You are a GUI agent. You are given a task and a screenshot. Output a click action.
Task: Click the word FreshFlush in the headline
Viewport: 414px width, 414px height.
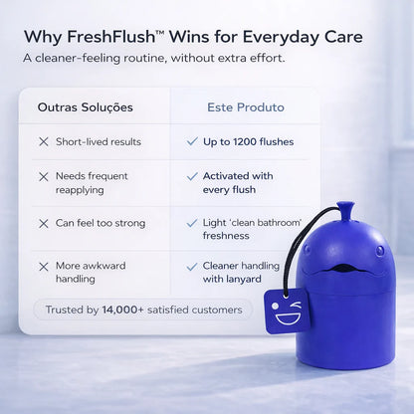110,36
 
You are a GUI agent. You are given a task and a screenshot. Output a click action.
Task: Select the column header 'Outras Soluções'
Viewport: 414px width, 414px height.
85,106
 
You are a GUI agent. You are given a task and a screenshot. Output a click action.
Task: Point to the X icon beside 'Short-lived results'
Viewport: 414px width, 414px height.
44,142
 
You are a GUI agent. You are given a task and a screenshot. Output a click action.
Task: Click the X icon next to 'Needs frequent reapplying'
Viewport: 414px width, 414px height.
44,176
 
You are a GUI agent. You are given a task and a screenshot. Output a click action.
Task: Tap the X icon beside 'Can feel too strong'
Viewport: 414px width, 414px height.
44,223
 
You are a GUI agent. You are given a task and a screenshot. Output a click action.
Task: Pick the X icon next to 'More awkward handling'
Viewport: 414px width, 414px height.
44,267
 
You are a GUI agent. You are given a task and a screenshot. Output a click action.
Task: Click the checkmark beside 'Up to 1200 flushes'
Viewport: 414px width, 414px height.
192,141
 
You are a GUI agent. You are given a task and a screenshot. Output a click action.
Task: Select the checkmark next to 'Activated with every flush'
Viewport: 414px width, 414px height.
192,176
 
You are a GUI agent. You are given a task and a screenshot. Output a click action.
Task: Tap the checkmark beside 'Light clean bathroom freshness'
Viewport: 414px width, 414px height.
192,223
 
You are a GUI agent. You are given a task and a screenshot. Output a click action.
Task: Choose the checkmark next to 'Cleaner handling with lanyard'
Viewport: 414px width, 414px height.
192,267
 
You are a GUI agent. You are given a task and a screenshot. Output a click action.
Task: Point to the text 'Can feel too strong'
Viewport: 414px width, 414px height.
101,223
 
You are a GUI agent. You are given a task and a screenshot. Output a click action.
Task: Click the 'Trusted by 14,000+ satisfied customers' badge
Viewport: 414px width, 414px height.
142,310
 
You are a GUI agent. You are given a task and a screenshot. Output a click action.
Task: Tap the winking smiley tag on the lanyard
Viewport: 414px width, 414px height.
288,312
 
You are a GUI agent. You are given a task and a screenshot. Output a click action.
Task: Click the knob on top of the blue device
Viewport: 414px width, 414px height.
344,211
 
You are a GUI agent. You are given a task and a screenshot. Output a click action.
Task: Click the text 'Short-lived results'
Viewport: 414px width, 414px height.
99,142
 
